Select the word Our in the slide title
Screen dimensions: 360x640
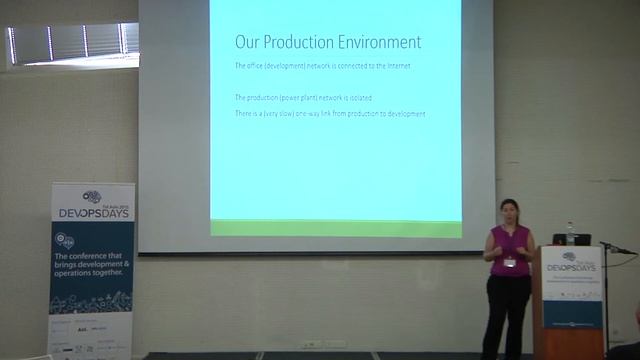246,42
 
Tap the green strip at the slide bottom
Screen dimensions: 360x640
336,228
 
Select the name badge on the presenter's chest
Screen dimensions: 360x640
509,263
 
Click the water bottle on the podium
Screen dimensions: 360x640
570,234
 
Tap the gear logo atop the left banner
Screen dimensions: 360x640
92,196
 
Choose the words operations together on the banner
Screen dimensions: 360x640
92,272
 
